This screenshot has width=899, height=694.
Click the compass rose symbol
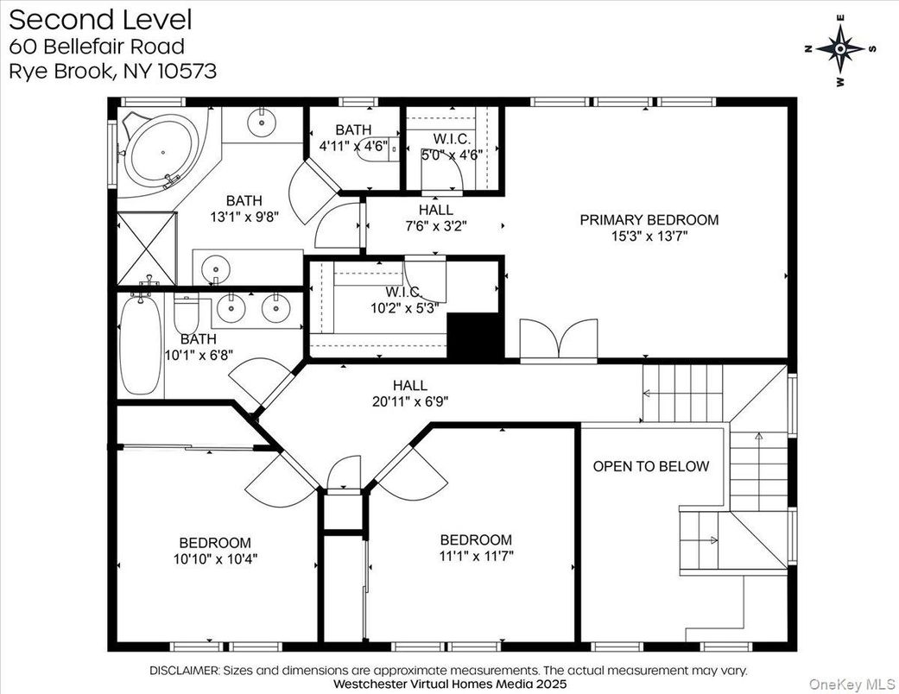tap(840, 49)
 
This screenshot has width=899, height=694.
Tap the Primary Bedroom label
tap(649, 220)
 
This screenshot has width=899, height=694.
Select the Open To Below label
tap(651, 466)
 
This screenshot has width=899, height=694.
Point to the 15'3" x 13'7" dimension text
tap(649, 237)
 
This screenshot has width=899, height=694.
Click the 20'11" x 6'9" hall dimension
tap(410, 401)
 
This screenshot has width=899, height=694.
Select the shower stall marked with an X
tap(147, 248)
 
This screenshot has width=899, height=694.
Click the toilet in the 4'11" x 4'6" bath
tap(378, 149)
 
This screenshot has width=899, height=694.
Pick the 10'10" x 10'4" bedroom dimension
tap(216, 558)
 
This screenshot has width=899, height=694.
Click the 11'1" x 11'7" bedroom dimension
tap(476, 555)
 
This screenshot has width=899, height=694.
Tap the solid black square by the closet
tap(475, 337)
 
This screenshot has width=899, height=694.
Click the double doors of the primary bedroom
tap(559, 340)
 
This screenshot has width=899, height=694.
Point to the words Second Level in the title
tap(100, 20)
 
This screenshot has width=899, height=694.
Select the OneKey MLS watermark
tap(852, 684)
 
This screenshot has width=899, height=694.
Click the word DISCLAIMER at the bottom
tap(184, 671)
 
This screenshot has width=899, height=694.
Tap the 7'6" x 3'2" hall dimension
tap(436, 226)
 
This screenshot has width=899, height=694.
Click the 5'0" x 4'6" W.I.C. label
tap(452, 155)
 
